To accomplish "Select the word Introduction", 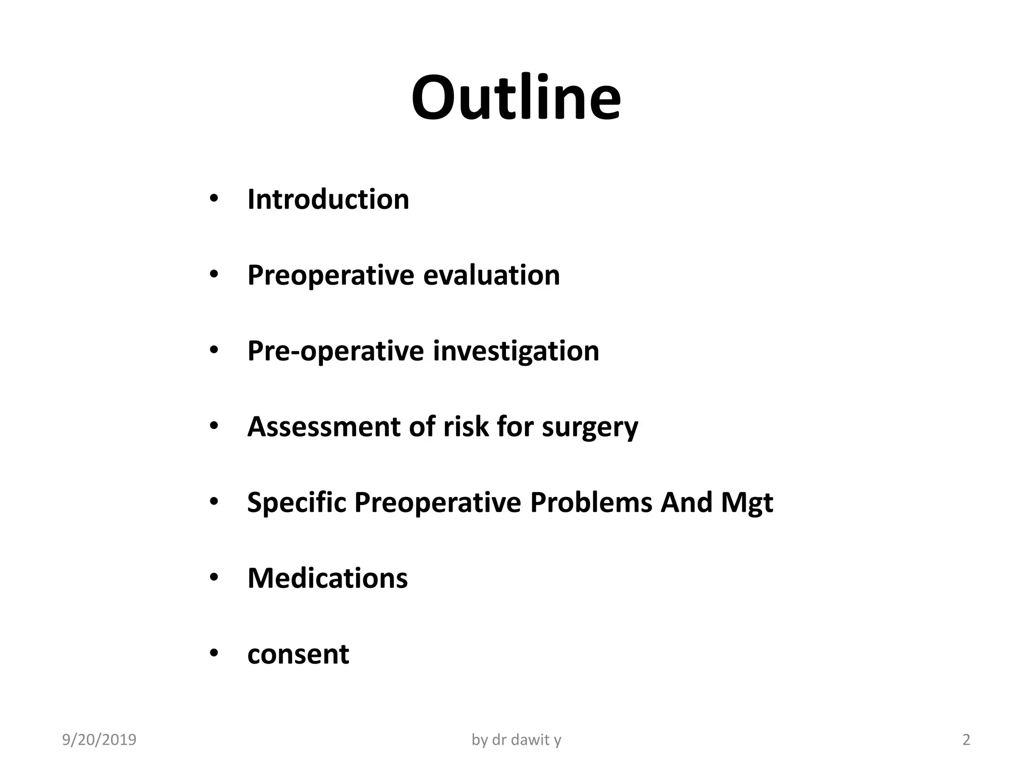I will tap(328, 199).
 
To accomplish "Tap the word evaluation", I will tap(491, 275).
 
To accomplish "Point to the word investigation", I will tap(516, 351).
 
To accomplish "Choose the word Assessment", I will tap(323, 427).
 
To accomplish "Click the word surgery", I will tap(590, 427).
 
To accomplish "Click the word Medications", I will tap(327, 578).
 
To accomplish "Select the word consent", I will tap(298, 654).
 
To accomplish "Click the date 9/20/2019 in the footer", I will tap(99, 740).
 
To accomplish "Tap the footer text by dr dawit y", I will tap(516, 740).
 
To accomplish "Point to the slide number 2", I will tap(966, 740).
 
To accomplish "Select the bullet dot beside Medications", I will tap(213, 578).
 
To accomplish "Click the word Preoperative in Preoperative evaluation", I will tap(330, 275).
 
